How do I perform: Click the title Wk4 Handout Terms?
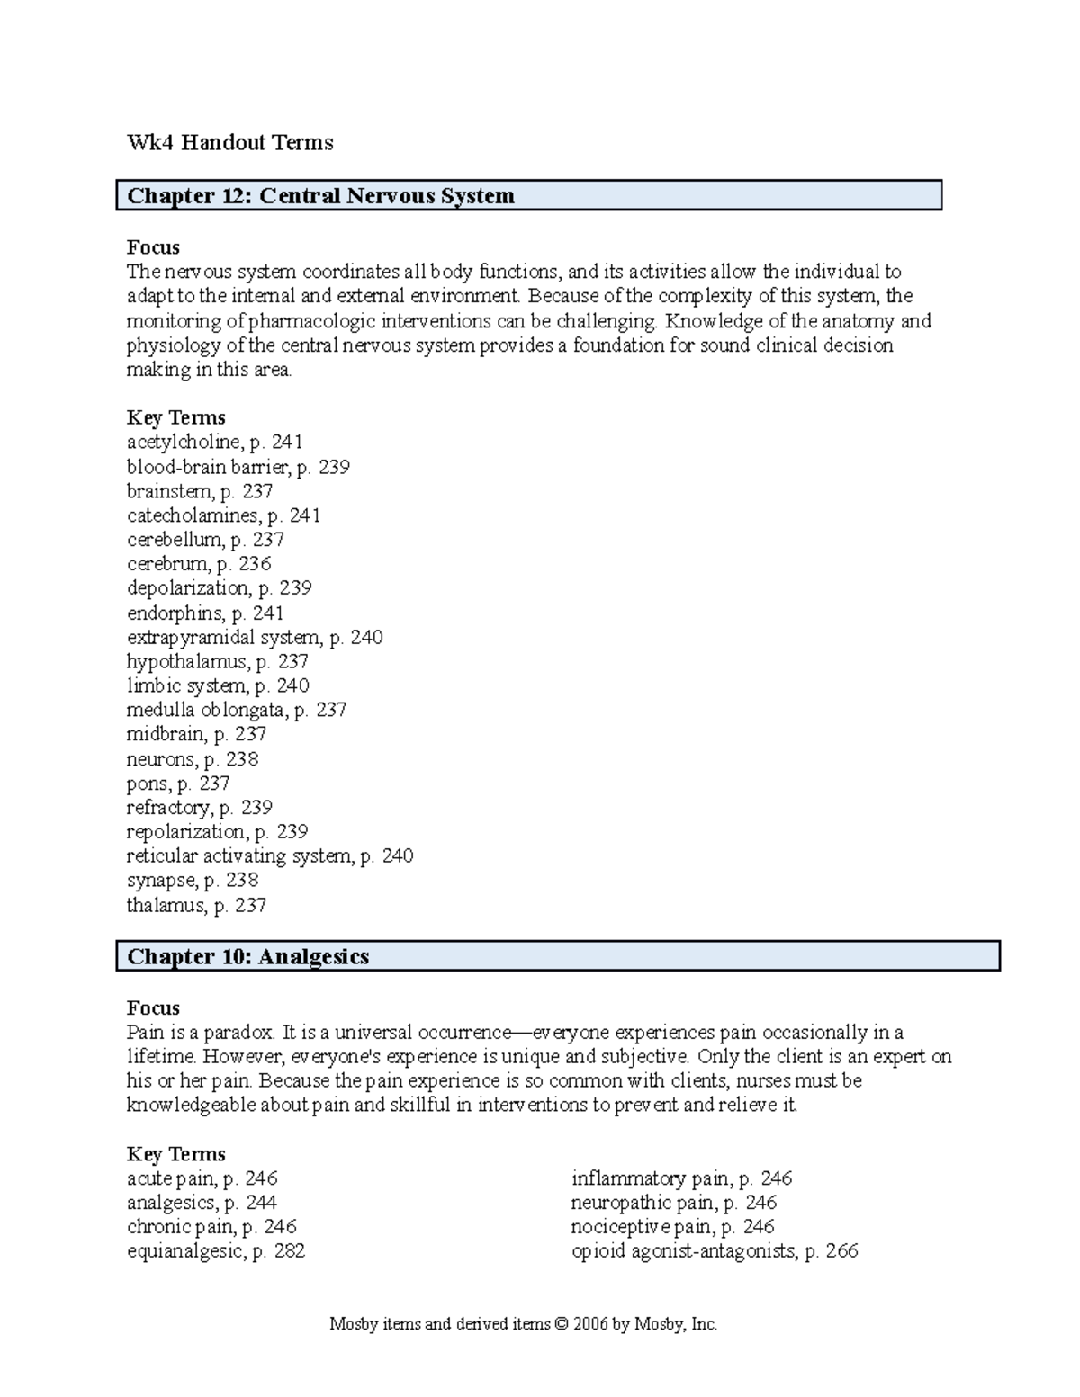229,142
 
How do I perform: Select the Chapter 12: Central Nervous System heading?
320,196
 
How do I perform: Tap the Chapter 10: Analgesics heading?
247,956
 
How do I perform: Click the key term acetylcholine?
184,442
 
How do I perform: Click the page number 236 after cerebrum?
255,564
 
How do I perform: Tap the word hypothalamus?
186,662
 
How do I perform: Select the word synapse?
161,881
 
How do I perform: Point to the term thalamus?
165,906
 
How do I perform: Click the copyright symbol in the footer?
562,1324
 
